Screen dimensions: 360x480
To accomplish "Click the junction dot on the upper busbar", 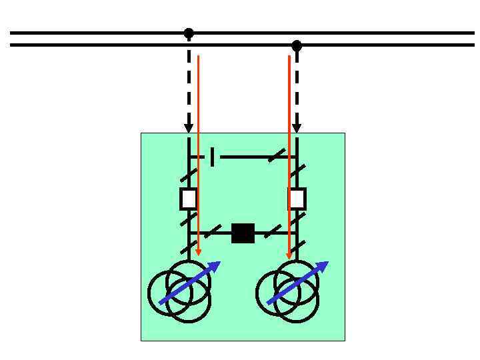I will pos(189,33).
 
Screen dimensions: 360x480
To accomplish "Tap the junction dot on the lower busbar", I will pos(297,46).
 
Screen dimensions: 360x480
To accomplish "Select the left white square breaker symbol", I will pos(189,199).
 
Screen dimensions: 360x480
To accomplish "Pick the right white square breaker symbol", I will pos(297,199).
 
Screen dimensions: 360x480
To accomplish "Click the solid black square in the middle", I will pos(243,233).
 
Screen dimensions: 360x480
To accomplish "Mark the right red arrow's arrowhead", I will pos(289,255).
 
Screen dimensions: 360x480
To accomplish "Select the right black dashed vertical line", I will pos(297,87).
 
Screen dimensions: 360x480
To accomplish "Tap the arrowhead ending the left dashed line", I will pos(189,128).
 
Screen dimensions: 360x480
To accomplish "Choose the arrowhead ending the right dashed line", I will pos(297,128).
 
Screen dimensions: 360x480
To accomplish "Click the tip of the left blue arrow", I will pos(219,263).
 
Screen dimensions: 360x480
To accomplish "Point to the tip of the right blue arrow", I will pos(327,263).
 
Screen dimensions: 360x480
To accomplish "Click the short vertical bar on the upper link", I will pos(212,157).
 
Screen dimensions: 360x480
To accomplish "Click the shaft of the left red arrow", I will pos(198,153).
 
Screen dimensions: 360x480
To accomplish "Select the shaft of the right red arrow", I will pos(289,153).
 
